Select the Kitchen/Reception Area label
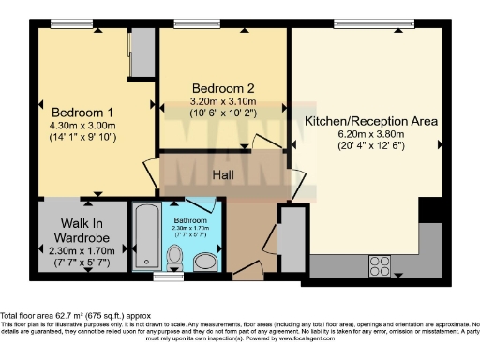(371, 121)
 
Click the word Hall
(222, 174)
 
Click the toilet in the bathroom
(174, 258)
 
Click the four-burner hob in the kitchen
(381, 262)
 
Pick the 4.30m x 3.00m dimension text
(82, 125)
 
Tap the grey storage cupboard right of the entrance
(292, 239)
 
